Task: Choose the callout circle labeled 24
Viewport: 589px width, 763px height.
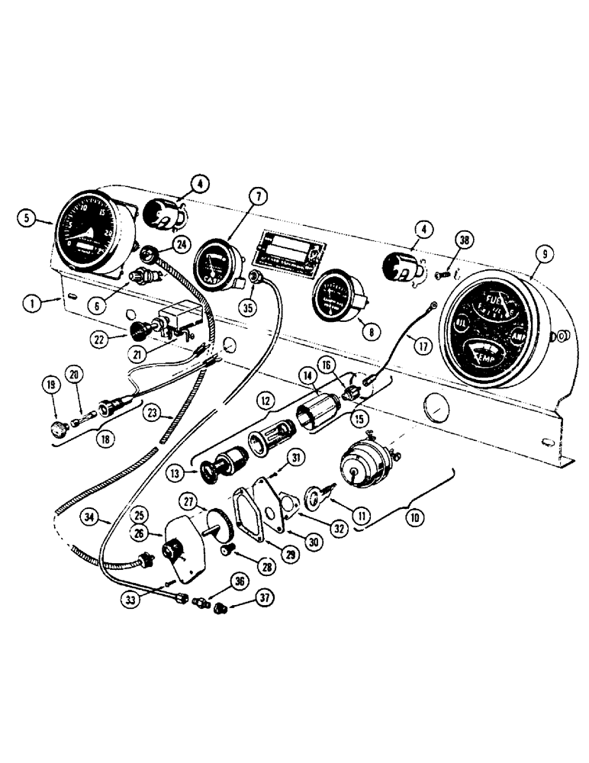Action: [x=182, y=244]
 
